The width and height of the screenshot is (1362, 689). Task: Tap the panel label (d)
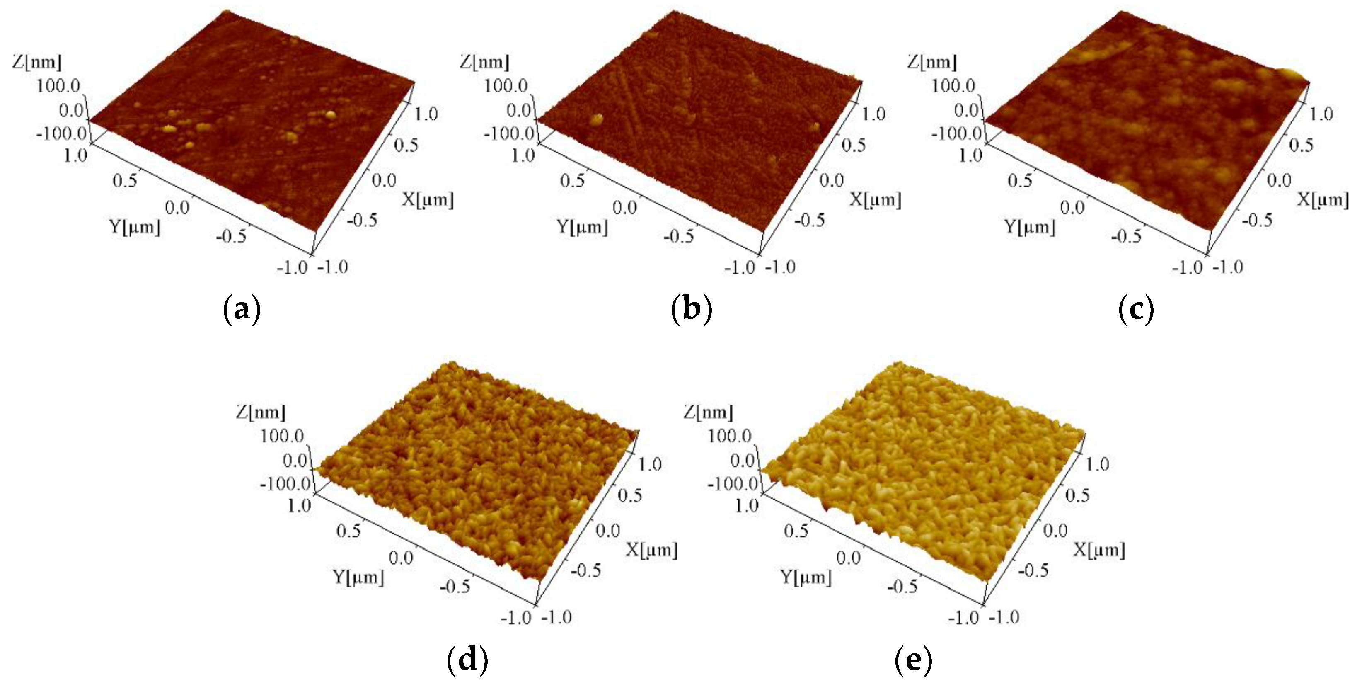[467, 660]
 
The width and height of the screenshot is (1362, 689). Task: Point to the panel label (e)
[914, 660]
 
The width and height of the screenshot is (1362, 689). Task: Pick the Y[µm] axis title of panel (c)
[1029, 227]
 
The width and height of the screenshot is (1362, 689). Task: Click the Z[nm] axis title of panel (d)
[260, 412]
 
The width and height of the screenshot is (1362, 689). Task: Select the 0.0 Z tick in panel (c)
[967, 110]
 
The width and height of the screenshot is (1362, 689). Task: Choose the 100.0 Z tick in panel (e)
[730, 436]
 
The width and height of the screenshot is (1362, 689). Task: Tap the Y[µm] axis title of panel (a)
[134, 227]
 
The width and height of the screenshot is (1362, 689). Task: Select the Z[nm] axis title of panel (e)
[708, 412]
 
